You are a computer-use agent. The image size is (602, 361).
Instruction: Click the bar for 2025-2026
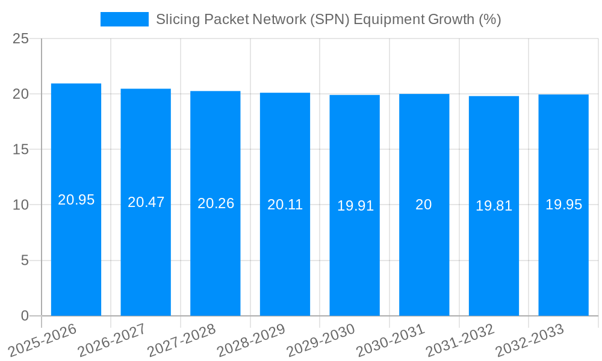pyautogui.click(x=76, y=253)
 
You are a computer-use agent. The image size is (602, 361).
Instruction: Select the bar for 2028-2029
pyautogui.click(x=285, y=253)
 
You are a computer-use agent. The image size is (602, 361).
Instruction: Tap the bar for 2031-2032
pyautogui.click(x=494, y=253)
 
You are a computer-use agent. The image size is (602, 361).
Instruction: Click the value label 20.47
pyautogui.click(x=146, y=202)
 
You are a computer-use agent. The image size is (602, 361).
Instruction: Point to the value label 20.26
pyautogui.click(x=216, y=203)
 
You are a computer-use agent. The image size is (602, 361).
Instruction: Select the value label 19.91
pyautogui.click(x=355, y=206)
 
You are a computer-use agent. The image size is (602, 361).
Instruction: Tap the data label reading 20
pyautogui.click(x=424, y=205)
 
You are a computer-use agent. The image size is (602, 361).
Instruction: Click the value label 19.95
pyautogui.click(x=563, y=205)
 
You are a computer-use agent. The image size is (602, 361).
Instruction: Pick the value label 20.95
pyautogui.click(x=76, y=200)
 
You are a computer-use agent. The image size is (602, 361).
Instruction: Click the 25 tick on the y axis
pyautogui.click(x=20, y=39)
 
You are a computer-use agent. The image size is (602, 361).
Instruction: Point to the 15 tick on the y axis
pyautogui.click(x=20, y=150)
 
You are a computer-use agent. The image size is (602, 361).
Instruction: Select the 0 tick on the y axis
pyautogui.click(x=25, y=316)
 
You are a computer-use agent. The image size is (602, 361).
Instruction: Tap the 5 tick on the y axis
pyautogui.click(x=25, y=261)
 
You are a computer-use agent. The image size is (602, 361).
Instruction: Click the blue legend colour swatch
pyautogui.click(x=124, y=19)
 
